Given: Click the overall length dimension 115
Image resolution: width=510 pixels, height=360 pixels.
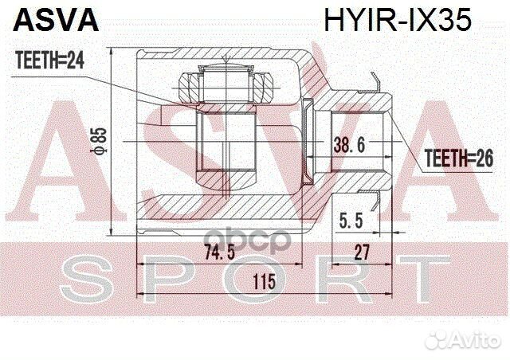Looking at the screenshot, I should click(263, 281).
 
